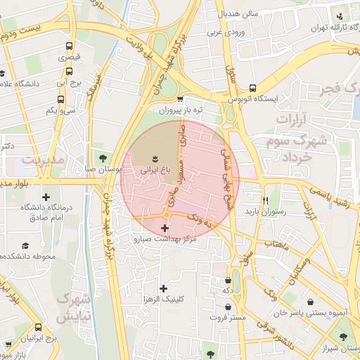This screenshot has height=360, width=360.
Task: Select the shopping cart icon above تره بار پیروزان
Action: [181, 99]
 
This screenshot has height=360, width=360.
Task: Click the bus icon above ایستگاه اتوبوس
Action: [252, 88]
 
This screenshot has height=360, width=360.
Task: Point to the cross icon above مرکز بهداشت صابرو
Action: [165, 228]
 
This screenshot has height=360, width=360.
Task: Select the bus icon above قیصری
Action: [68, 45]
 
